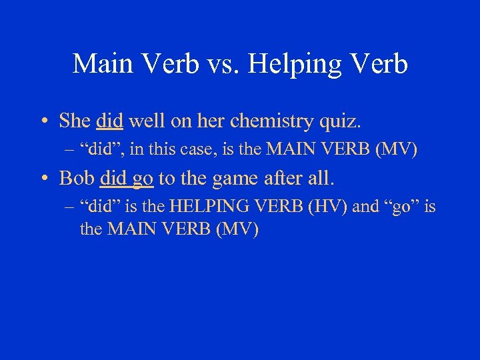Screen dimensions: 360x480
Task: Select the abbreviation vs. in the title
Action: (228, 64)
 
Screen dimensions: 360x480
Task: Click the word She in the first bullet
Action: (75, 121)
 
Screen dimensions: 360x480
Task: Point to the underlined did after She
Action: (109, 121)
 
